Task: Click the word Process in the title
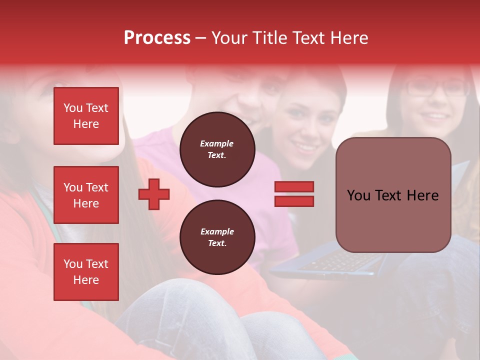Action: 157,38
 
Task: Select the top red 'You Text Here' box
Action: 86,116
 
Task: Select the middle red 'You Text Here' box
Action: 86,195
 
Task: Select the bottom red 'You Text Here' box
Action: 86,272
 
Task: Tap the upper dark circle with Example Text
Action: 217,149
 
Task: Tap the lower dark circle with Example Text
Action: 217,237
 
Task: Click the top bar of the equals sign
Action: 294,187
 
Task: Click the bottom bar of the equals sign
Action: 294,201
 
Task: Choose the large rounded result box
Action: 393,195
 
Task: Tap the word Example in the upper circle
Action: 217,143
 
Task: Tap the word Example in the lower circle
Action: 217,231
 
